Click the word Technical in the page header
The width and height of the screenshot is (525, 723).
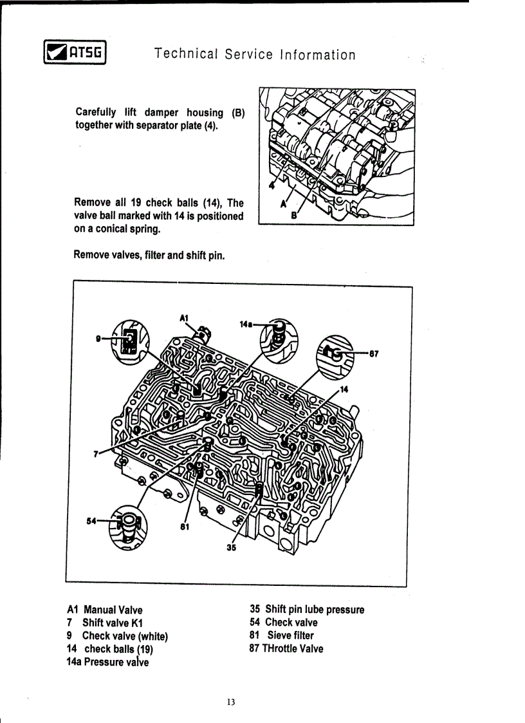pyautogui.click(x=187, y=55)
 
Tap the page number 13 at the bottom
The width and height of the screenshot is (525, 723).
pyautogui.click(x=231, y=702)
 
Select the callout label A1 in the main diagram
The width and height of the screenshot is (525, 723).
pyautogui.click(x=183, y=317)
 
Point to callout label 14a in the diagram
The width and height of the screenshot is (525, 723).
pyautogui.click(x=246, y=324)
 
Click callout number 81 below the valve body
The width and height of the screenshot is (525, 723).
pyautogui.click(x=185, y=527)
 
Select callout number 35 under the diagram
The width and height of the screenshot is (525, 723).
pyautogui.click(x=231, y=548)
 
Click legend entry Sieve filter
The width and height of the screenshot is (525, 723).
pyautogui.click(x=290, y=635)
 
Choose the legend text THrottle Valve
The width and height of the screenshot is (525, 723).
pyautogui.click(x=292, y=648)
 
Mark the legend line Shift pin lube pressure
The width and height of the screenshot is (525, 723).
pyautogui.click(x=314, y=609)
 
